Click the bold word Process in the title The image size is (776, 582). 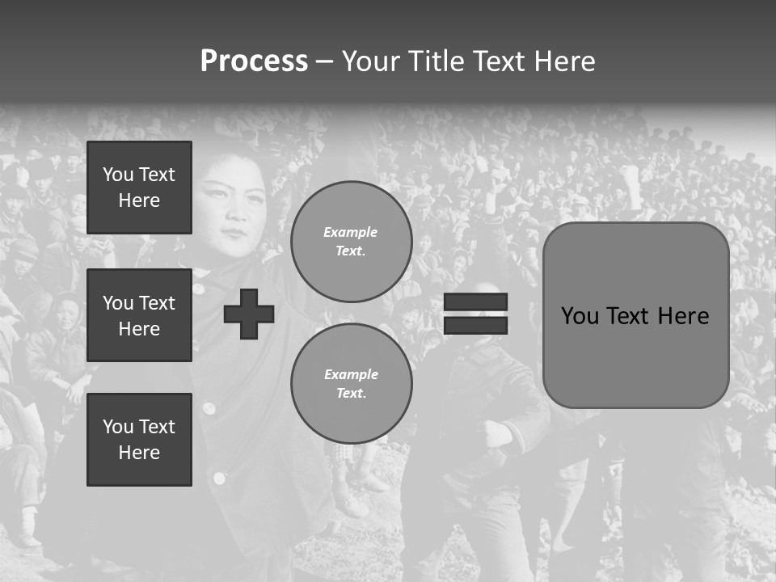coord(254,61)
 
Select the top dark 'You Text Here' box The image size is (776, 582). coord(139,188)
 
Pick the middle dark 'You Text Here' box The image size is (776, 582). coord(139,315)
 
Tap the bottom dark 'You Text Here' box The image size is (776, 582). coord(139,440)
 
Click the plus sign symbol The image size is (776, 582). coord(249,314)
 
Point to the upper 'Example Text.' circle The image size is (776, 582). coord(351,242)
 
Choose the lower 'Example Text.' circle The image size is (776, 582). coord(351,384)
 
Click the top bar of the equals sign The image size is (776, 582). coord(475,302)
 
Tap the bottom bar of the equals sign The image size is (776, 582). coord(475,325)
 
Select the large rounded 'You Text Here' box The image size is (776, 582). coord(635,315)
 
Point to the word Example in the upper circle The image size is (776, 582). coord(351,232)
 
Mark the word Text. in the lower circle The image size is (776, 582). coord(351,394)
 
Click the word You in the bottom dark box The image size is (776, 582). coord(118,427)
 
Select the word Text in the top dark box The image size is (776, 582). coord(157,175)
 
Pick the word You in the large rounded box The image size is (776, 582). coord(580,316)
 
